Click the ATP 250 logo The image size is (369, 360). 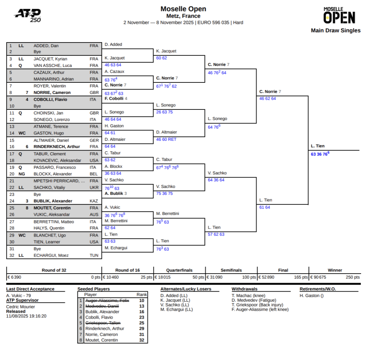coord(28,15)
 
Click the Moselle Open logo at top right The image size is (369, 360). coord(339,15)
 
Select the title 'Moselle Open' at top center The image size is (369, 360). coord(183,9)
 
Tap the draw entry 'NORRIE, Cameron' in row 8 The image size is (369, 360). coord(52,93)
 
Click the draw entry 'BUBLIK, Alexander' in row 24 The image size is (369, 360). coord(53,201)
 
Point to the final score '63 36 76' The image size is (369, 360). coord(320,154)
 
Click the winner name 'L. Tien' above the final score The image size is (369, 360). coord(317,146)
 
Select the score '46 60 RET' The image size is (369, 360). coord(166,139)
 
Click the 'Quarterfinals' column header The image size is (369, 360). coord(179,270)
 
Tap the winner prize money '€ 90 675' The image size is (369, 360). coord(320,277)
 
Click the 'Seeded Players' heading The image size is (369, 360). coord(94,289)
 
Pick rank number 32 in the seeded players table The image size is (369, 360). coord(142,340)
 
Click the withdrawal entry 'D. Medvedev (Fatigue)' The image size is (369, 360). coord(254,300)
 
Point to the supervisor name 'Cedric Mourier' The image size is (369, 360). coord(21,307)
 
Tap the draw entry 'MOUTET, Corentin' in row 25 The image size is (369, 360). coord(52,208)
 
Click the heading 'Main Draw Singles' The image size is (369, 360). coord(335,31)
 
